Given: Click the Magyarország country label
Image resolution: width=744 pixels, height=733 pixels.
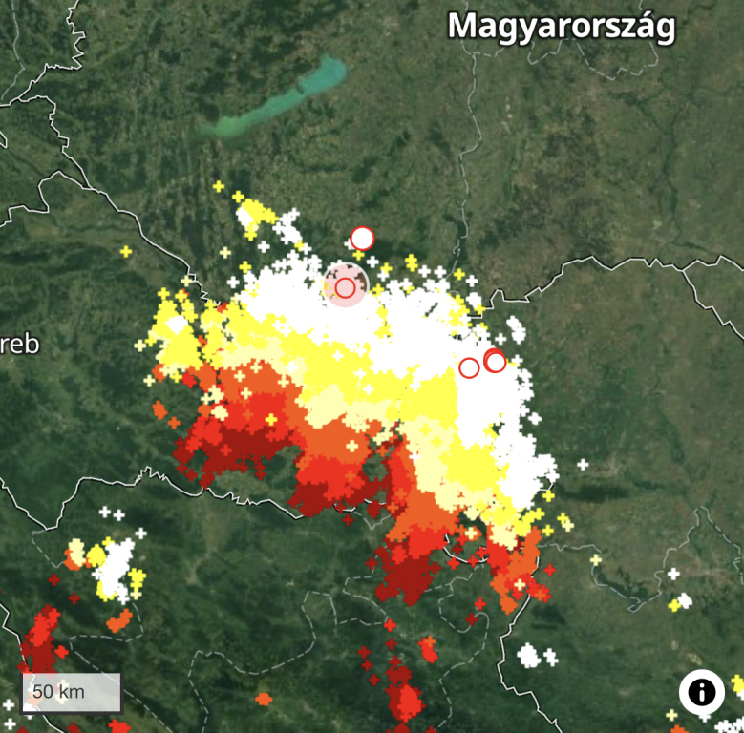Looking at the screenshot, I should point(562,26).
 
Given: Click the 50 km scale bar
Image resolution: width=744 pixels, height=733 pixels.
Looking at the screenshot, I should point(72,691).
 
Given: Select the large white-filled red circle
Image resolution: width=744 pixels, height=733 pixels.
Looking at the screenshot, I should point(362,238).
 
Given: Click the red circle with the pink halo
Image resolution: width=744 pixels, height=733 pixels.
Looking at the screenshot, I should point(345,286).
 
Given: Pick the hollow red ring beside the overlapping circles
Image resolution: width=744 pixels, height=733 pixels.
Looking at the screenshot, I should point(469,367).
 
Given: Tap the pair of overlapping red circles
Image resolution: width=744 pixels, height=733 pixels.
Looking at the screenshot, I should point(495,361).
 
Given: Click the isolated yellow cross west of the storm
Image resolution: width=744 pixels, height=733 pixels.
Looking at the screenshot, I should point(125,251).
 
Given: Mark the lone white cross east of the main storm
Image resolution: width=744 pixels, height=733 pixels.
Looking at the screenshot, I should point(583,465).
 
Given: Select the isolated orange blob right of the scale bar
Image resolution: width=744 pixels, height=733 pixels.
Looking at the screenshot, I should point(264,699).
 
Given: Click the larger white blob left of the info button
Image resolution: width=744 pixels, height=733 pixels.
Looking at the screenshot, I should point(528,655).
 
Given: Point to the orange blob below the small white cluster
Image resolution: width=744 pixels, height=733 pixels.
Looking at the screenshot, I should point(118,621).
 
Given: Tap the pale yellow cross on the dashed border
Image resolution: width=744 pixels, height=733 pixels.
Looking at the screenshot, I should point(596,560).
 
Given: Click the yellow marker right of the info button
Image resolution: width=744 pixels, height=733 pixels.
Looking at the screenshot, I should point(737,684).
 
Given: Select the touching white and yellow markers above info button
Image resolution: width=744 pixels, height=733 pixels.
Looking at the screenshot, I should point(680,602).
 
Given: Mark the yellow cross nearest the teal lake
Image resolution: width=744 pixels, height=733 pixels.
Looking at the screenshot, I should point(219,186).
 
